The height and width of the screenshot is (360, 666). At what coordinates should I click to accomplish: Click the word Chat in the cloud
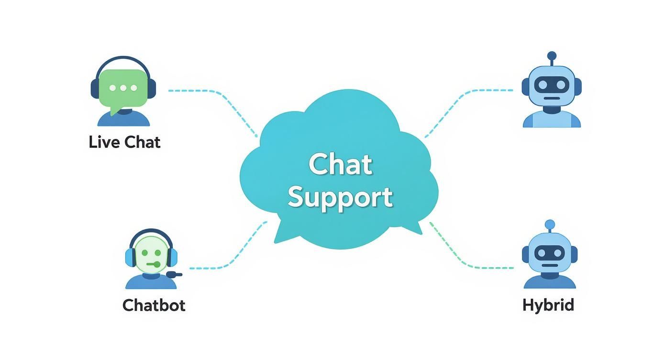pos(340,164)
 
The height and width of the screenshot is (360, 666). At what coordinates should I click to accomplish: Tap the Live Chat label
pos(124,142)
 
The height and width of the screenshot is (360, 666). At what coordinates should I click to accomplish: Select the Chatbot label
pos(154,305)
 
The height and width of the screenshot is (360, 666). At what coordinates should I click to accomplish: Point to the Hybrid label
pos(548,305)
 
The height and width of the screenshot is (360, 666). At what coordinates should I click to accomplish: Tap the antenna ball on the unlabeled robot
pos(552,56)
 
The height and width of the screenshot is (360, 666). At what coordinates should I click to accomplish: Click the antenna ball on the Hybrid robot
pos(550,224)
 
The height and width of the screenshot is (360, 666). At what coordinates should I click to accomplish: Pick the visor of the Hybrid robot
pos(549,253)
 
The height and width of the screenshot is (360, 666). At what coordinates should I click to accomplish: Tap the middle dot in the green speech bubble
pos(124,88)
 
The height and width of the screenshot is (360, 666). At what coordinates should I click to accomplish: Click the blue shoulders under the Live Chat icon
pos(123,119)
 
